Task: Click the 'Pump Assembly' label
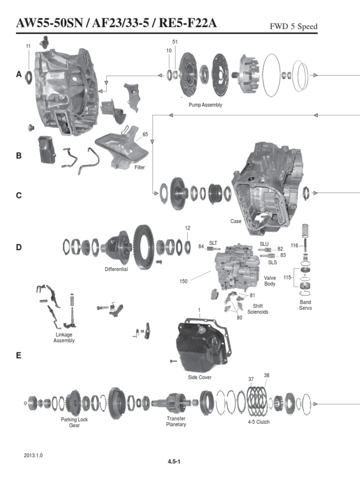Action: tap(205, 105)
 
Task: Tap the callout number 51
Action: tap(175, 42)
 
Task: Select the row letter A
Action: tap(19, 74)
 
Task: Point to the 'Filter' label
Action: tap(140, 167)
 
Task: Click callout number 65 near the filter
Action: tap(145, 135)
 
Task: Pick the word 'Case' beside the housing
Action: tap(235, 221)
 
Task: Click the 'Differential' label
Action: tap(117, 270)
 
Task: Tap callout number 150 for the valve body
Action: tap(183, 282)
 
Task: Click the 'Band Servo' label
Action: tap(306, 305)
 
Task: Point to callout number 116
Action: tap(294, 246)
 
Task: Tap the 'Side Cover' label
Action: tap(200, 377)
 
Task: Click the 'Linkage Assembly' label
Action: tap(64, 337)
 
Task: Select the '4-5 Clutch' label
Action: tap(259, 422)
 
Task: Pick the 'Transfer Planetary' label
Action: tap(176, 421)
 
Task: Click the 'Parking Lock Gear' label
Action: tap(75, 422)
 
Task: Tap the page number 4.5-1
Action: tap(174, 462)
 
